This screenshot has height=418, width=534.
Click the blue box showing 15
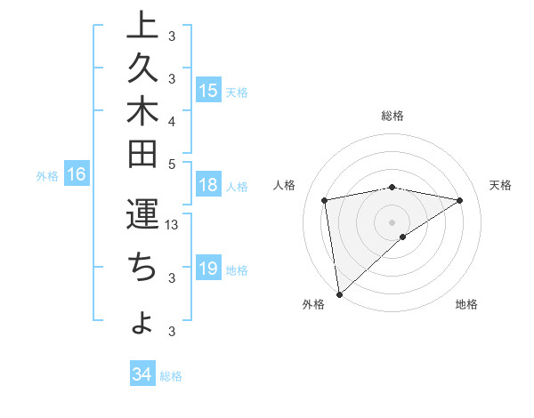pos(208,91)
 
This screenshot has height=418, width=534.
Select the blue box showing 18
pos(208,186)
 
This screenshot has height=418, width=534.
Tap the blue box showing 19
pos(208,269)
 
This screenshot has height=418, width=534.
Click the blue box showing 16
pos(77,175)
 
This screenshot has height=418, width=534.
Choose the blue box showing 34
pos(142,374)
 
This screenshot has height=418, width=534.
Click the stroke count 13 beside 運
pos(173,225)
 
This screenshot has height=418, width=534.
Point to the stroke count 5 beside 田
pos(172,164)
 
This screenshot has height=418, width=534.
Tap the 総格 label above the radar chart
pos(392,116)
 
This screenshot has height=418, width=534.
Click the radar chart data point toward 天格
pos(460,200)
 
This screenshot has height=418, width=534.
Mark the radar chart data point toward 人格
pos(325,200)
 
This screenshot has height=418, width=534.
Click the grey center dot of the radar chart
pos(392,221)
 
